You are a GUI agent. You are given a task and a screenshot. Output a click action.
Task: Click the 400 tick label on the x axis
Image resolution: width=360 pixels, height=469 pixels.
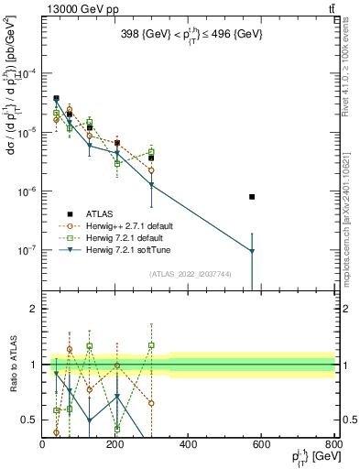pyautogui.click(x=188, y=444)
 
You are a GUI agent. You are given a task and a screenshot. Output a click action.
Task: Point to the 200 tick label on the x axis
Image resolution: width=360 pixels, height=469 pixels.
pyautogui.click(x=115, y=444)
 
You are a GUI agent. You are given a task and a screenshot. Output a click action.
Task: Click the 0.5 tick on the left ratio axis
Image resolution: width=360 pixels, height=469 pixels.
pyautogui.click(x=30, y=420)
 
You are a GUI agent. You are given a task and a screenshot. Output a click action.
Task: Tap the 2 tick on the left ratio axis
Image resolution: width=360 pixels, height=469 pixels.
pyautogui.click(x=34, y=309)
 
